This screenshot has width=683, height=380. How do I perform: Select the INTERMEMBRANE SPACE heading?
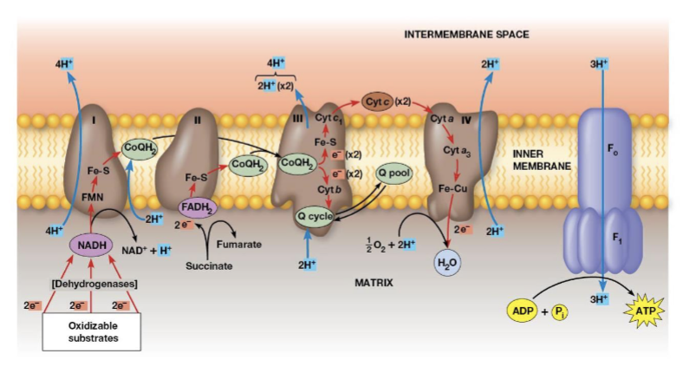[466, 35]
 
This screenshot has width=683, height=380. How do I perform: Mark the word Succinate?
[208, 265]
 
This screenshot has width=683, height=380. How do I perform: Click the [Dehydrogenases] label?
[91, 284]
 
